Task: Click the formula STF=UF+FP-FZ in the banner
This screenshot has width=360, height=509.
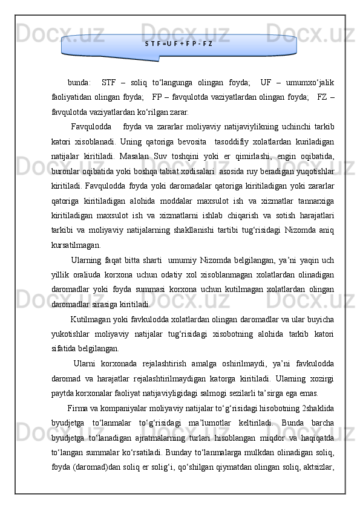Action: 179,44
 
